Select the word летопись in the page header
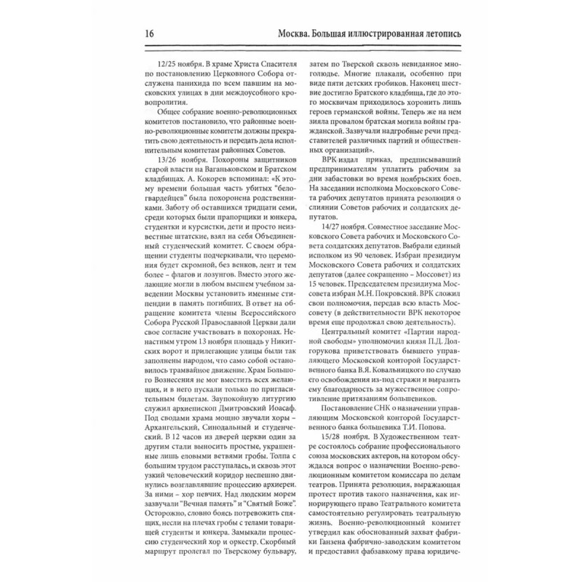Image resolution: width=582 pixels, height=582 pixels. pos(450,34)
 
